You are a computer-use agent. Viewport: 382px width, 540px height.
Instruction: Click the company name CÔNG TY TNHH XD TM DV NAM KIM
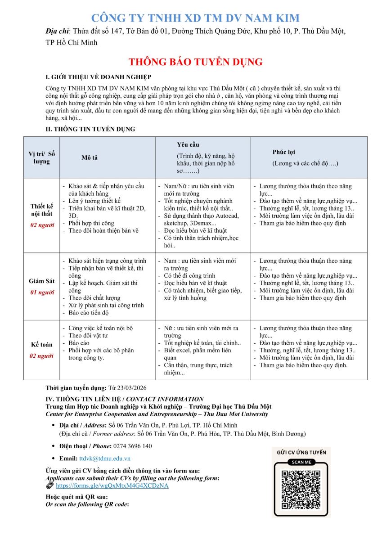pyautogui.click(x=195, y=18)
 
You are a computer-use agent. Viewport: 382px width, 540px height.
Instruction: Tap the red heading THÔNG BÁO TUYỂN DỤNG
pyautogui.click(x=195, y=62)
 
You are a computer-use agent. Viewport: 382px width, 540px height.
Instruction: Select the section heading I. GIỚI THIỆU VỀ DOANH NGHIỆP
pyautogui.click(x=99, y=77)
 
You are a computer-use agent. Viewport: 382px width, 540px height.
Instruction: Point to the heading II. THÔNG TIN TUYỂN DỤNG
pyautogui.click(x=90, y=129)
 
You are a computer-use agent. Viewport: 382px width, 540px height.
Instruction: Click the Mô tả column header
pyautogui.click(x=90, y=157)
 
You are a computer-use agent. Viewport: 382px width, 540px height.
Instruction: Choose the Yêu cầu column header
pyautogui.click(x=188, y=144)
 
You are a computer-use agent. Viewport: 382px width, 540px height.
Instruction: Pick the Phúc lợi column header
pyautogui.click(x=284, y=152)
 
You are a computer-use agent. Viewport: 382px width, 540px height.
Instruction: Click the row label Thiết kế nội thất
pyautogui.click(x=41, y=210)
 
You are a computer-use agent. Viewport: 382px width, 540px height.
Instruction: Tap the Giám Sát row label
pyautogui.click(x=42, y=281)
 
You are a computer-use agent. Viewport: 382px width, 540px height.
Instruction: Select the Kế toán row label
pyautogui.click(x=42, y=345)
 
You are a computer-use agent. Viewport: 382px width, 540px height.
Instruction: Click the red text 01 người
pyautogui.click(x=42, y=292)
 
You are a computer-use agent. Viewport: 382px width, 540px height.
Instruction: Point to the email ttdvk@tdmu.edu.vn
pyautogui.click(x=105, y=459)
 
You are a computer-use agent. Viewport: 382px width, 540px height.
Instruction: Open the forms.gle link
pyautogui.click(x=112, y=486)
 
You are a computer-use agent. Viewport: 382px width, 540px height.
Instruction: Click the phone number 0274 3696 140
pyautogui.click(x=129, y=446)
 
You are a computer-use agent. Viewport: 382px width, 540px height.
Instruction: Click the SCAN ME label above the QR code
pyautogui.click(x=301, y=462)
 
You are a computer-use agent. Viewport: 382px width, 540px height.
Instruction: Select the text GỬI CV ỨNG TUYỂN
pyautogui.click(x=301, y=452)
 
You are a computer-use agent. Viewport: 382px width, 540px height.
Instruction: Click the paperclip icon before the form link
pyautogui.click(x=49, y=486)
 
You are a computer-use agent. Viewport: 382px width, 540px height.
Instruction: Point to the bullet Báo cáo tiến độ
pyautogui.click(x=88, y=313)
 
